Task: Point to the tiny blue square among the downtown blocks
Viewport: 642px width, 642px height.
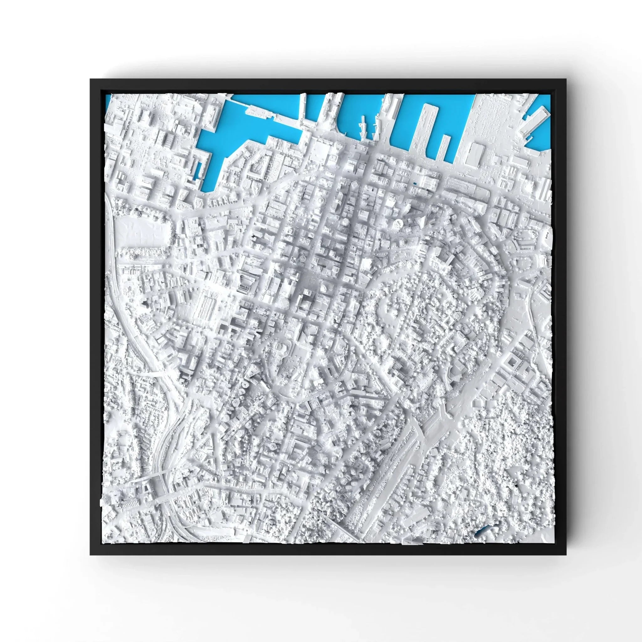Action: pos(414,183)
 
